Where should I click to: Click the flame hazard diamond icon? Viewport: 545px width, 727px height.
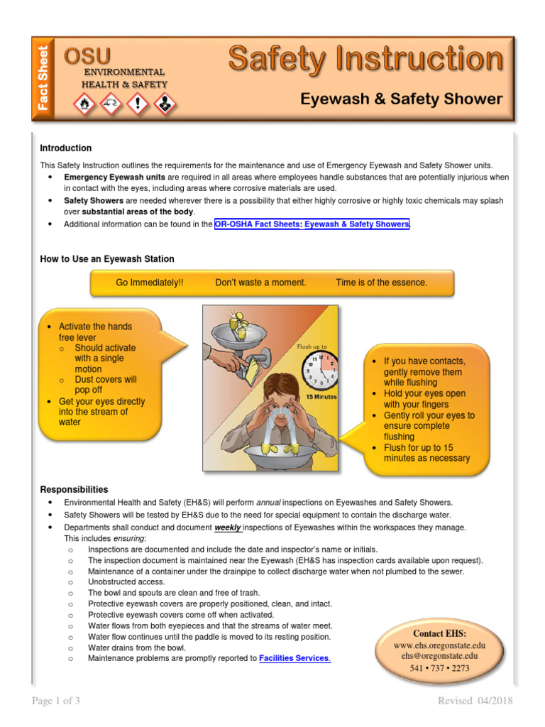pyautogui.click(x=84, y=105)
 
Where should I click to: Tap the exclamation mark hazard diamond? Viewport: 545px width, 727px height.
pyautogui.click(x=138, y=105)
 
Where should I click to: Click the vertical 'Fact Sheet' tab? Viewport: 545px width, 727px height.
pyautogui.click(x=44, y=78)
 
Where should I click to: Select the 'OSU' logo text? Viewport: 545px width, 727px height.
pyautogui.click(x=87, y=56)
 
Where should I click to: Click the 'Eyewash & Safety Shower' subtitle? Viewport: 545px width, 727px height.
pyautogui.click(x=401, y=99)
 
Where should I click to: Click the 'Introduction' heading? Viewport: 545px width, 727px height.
pyautogui.click(x=65, y=148)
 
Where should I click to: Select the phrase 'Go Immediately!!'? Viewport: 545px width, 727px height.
pyautogui.click(x=149, y=283)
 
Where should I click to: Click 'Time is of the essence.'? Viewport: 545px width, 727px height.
pyautogui.click(x=382, y=283)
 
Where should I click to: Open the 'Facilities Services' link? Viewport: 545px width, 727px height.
pyautogui.click(x=294, y=658)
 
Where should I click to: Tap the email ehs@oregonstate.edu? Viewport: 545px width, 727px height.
pyautogui.click(x=440, y=657)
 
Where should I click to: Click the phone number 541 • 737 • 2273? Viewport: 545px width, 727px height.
pyautogui.click(x=440, y=668)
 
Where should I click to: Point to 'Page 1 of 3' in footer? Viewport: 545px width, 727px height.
pyautogui.click(x=56, y=701)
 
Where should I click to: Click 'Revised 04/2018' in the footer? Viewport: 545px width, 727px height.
pyautogui.click(x=475, y=701)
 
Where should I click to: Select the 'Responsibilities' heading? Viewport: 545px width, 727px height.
pyautogui.click(x=74, y=489)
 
